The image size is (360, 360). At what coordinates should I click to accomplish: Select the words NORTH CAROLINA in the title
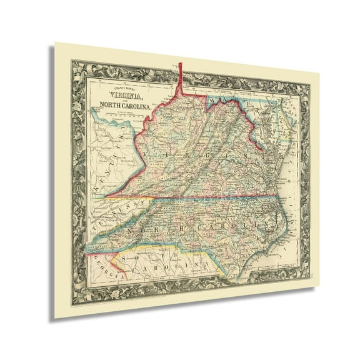point(122,104)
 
